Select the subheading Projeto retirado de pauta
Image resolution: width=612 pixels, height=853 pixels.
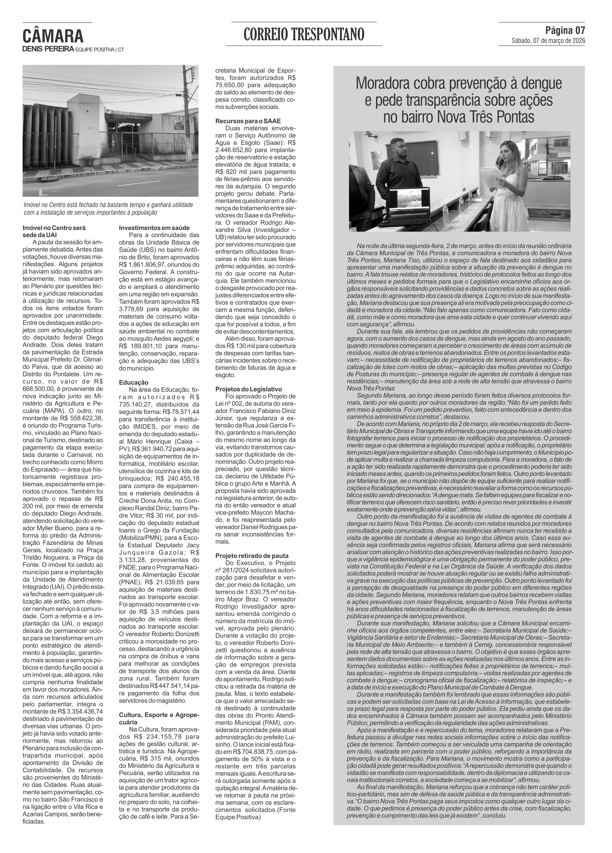point(252,556)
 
